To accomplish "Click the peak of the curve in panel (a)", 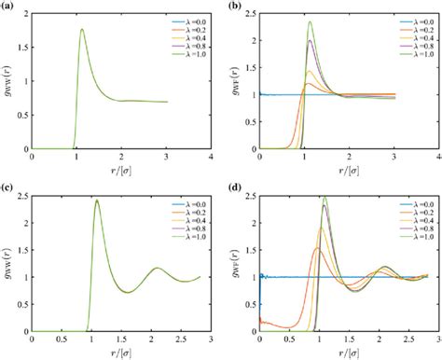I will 83,29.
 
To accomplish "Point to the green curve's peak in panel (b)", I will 311,22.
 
